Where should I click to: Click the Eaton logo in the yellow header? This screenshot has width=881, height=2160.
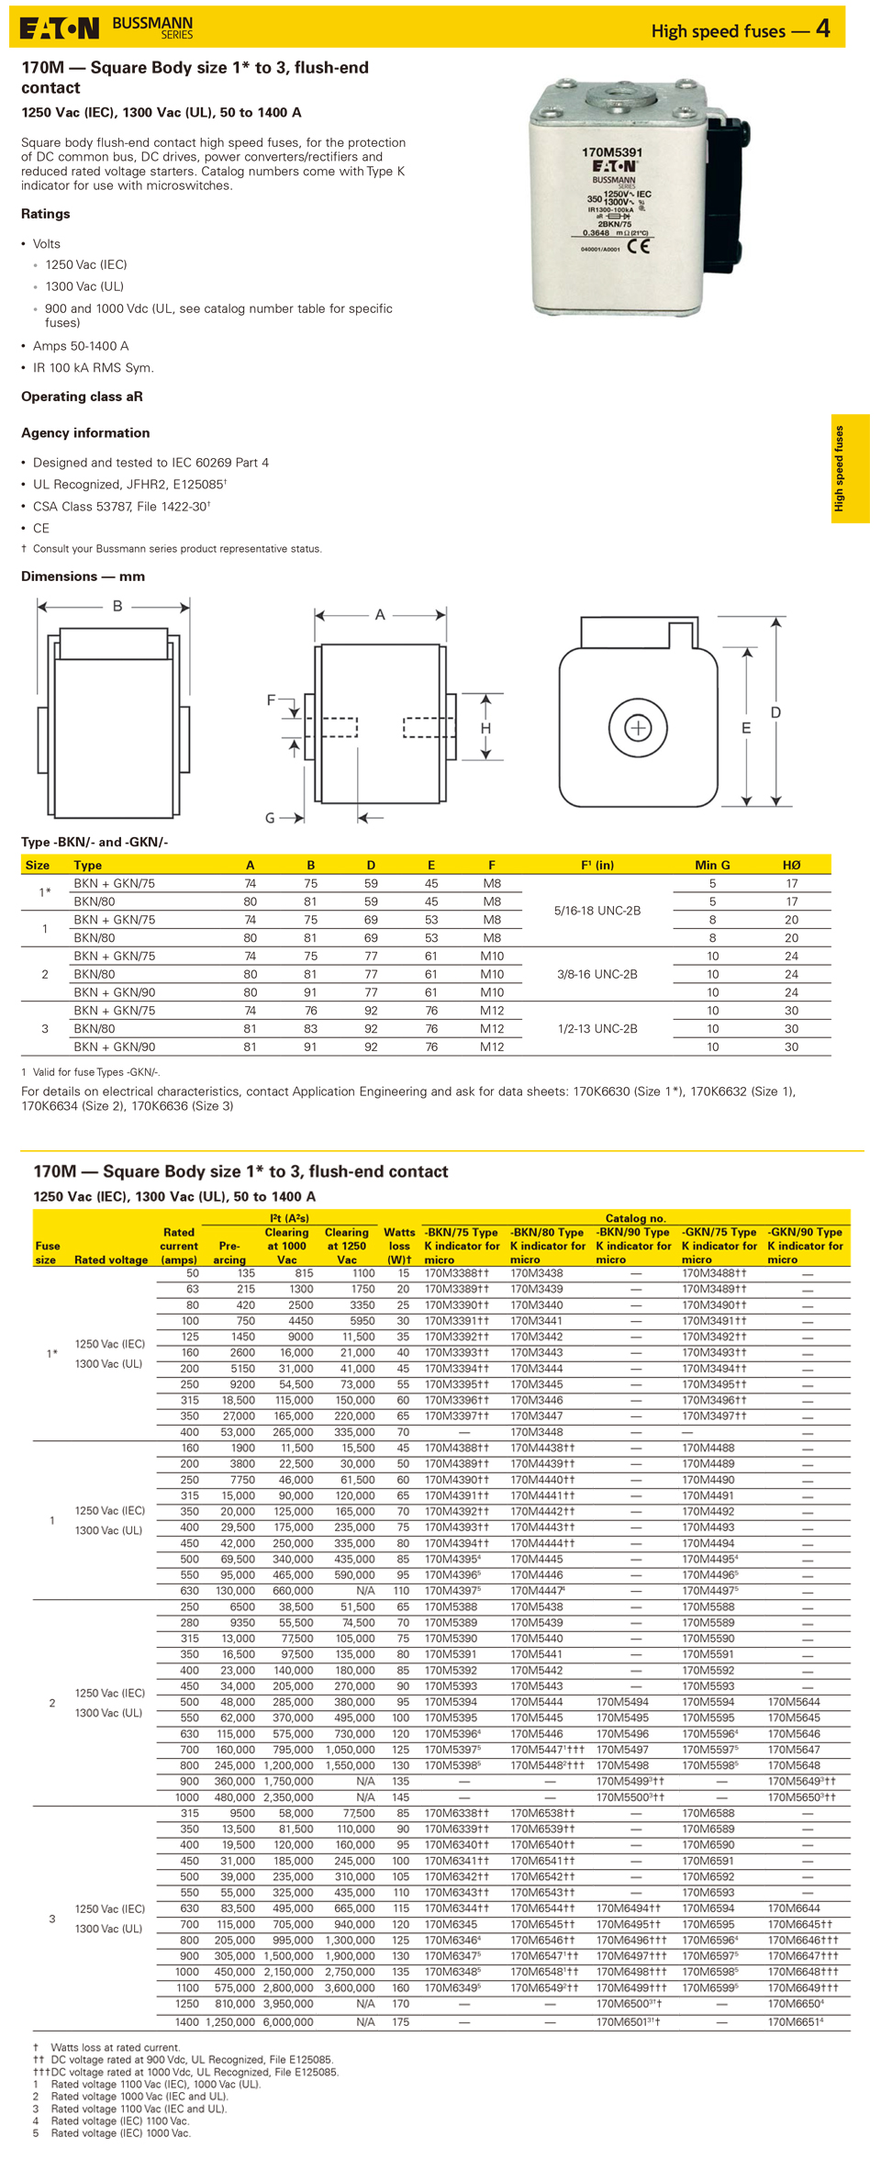tap(60, 28)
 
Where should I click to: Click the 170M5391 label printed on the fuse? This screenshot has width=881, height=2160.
tap(611, 152)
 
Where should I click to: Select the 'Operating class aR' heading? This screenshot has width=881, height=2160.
tap(82, 397)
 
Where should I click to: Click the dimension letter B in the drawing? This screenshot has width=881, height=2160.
tap(117, 606)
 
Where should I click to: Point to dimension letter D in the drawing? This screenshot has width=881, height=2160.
tap(775, 712)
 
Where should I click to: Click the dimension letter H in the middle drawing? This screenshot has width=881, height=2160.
tap(485, 728)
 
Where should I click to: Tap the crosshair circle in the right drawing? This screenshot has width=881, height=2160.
tap(638, 728)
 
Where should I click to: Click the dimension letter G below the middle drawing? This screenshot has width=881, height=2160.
tap(270, 818)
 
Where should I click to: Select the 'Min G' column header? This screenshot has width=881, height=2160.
tap(712, 865)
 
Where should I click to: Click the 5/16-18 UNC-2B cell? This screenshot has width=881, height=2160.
tap(597, 911)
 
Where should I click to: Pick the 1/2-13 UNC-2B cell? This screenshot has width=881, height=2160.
tap(597, 1028)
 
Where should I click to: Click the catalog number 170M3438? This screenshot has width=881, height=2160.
tap(537, 1273)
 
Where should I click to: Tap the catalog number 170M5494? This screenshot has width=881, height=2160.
tap(622, 1702)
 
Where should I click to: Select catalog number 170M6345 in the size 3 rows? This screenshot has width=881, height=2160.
tap(451, 1924)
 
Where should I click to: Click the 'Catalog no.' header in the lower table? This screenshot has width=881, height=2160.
tap(635, 1218)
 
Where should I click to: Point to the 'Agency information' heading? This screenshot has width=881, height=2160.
tap(85, 432)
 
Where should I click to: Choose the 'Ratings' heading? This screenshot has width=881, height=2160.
tap(46, 214)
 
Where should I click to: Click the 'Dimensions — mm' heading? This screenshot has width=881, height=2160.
tap(83, 576)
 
